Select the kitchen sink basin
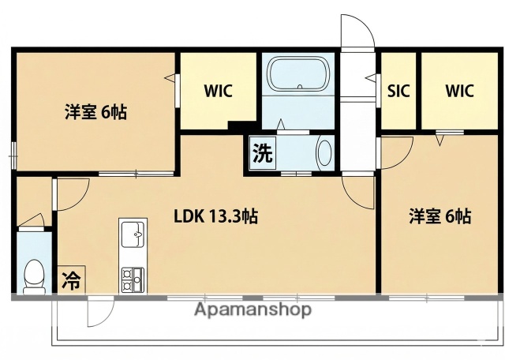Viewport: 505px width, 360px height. coord(132,234)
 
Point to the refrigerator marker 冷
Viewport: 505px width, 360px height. coord(70,280)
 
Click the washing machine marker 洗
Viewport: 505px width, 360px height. coord(261,152)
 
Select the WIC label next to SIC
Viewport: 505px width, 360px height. coord(458,90)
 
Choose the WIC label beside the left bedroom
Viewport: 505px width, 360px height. coord(218,90)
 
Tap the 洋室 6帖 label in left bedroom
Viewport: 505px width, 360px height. coord(95,111)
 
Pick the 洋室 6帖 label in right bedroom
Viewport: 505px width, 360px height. coord(440,215)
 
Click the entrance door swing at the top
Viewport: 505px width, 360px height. coord(355,32)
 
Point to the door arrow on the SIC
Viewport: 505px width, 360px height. coord(372,77)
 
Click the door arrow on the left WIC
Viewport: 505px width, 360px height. coord(170,77)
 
